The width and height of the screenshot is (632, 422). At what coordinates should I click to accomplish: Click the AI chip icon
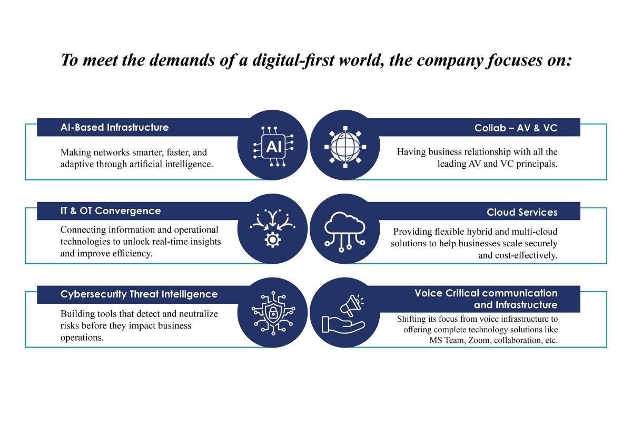[273, 146]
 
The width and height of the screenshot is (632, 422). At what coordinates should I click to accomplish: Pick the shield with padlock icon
[273, 312]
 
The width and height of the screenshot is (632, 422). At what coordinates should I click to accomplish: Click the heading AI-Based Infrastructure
[114, 127]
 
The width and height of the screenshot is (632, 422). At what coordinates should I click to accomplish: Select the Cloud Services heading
[521, 212]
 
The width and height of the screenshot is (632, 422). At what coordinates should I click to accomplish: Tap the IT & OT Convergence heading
[111, 210]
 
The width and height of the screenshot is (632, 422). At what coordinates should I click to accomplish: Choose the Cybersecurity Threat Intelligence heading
[139, 294]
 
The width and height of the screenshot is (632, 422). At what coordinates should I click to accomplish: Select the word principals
[537, 164]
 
